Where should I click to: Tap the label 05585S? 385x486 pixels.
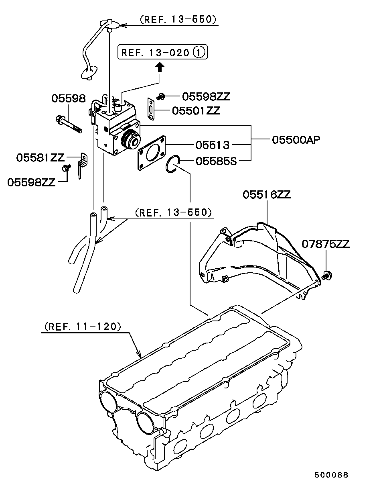tap(216, 161)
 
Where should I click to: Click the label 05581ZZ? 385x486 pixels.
tap(40, 157)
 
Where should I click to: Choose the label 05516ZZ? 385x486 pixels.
tap(266, 194)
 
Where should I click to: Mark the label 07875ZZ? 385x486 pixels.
tap(326, 243)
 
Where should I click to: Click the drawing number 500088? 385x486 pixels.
tap(331, 474)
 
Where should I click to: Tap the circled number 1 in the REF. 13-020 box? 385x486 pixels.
tap(199, 52)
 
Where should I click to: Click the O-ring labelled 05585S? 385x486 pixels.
tap(172, 165)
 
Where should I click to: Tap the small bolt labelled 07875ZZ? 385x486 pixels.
tap(326, 275)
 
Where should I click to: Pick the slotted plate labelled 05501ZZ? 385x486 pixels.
tap(150, 108)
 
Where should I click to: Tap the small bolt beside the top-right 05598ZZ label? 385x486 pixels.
tap(161, 96)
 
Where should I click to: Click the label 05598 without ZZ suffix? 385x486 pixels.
tap(68, 98)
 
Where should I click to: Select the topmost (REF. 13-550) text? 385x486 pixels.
tap(178, 19)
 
